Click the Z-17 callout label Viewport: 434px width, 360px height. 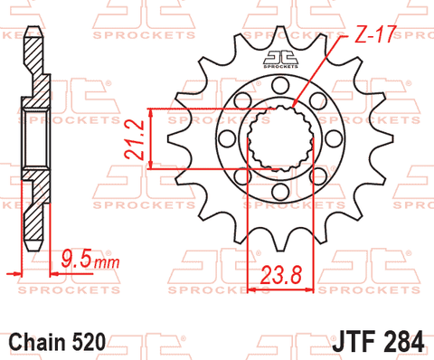click(374, 34)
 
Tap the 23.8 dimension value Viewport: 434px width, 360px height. click(281, 275)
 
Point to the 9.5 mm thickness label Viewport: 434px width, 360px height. click(90, 260)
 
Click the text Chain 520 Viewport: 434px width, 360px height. click(58, 342)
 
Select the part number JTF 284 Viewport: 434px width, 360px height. click(378, 341)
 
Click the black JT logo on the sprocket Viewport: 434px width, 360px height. click(280, 59)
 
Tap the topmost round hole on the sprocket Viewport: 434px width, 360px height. click(280, 85)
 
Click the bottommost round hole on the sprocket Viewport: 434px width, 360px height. click(280, 191)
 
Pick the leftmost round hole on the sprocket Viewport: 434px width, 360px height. click(227, 138)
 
